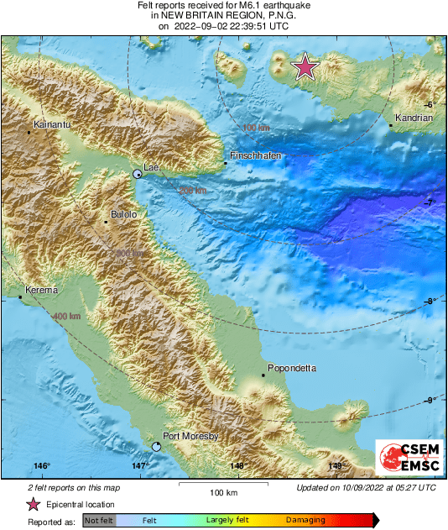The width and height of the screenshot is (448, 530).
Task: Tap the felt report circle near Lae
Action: [138, 174]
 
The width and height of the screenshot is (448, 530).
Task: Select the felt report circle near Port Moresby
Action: [156, 446]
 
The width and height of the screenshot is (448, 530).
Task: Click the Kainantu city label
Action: [49, 123]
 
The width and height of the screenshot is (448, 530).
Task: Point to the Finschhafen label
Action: [255, 156]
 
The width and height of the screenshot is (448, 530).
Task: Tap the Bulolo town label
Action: [123, 214]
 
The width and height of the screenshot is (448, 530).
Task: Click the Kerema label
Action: [42, 290]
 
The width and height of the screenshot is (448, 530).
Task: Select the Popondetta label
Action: [289, 368]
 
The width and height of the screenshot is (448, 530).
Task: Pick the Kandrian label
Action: [414, 118]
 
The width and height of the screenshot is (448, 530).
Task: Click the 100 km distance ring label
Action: [256, 128]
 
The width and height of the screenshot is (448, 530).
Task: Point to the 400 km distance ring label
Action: [66, 316]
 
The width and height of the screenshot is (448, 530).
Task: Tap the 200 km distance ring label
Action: [191, 192]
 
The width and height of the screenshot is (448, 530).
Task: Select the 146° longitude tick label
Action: [42, 465]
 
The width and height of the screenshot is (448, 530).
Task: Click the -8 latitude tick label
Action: [430, 302]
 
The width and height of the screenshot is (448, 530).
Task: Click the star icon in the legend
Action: [33, 505]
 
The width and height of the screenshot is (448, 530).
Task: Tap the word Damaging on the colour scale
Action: [307, 521]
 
